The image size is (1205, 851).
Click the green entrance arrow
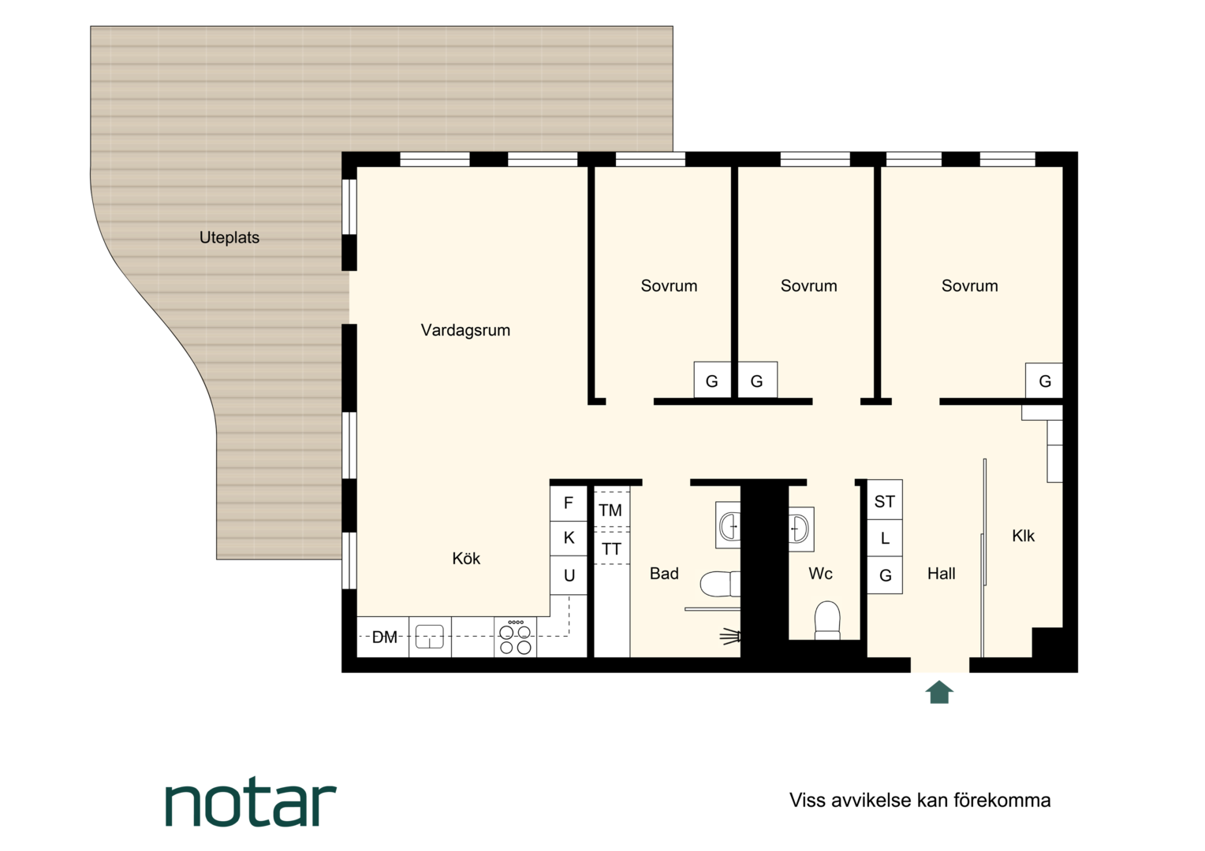pyautogui.click(x=939, y=692)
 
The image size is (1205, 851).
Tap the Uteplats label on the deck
pyautogui.click(x=229, y=238)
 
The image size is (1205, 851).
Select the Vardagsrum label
pyautogui.click(x=465, y=330)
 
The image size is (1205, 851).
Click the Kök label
pyautogui.click(x=466, y=559)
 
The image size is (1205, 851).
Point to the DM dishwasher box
pyautogui.click(x=383, y=637)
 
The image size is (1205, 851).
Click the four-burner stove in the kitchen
pyautogui.click(x=515, y=637)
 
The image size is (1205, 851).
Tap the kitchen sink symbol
pyautogui.click(x=429, y=637)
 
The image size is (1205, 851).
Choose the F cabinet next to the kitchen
pyautogui.click(x=568, y=504)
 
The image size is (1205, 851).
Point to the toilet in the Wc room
pyautogui.click(x=827, y=620)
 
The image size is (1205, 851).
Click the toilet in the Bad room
pyautogui.click(x=720, y=584)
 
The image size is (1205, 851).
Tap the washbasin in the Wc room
pyautogui.click(x=801, y=529)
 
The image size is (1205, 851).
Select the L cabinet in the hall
pyautogui.click(x=884, y=537)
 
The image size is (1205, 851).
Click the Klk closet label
pyautogui.click(x=1023, y=536)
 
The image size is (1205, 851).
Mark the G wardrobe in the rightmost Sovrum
pyautogui.click(x=1044, y=381)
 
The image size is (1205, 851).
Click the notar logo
pyautogui.click(x=251, y=804)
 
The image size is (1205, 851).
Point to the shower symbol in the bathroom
pyautogui.click(x=730, y=637)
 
